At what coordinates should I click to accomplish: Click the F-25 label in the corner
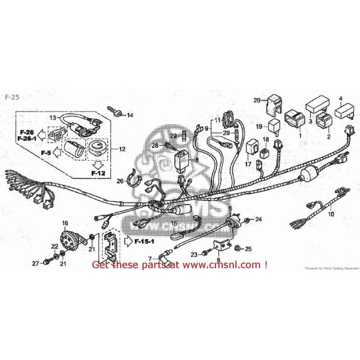tap(11, 97)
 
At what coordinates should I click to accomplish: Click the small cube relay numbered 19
tap(274, 127)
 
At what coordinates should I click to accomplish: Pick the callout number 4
tap(340, 99)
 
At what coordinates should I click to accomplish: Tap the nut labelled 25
tap(238, 248)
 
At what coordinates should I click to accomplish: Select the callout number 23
tap(194, 254)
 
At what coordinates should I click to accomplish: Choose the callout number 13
tap(52, 118)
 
